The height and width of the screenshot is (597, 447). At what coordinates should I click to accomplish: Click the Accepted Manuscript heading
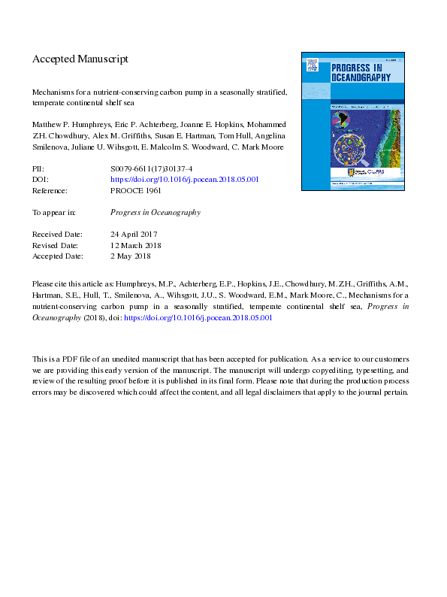coord(80,59)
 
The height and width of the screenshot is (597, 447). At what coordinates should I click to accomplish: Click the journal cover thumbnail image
coord(352,120)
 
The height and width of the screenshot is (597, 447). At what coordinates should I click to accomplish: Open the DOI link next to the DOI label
coord(185,180)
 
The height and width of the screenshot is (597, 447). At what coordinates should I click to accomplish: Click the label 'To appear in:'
coord(55,213)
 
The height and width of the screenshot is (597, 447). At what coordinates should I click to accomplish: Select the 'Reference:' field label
coord(50,190)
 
